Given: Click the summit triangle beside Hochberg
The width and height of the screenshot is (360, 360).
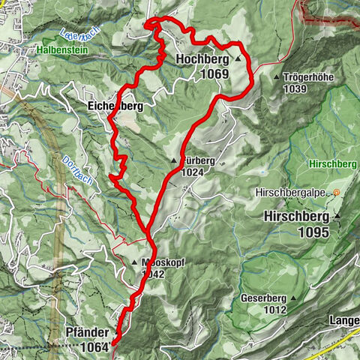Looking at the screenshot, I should click(238, 58).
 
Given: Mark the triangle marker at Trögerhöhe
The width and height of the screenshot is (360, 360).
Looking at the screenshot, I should click(277, 77).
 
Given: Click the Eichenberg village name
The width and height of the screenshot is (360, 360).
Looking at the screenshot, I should click(113, 106).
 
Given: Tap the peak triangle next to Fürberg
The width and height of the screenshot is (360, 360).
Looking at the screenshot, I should click(173, 160).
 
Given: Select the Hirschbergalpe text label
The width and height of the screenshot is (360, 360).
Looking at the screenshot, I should click(295, 193).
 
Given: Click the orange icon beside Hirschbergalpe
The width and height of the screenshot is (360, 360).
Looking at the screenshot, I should click(337, 193).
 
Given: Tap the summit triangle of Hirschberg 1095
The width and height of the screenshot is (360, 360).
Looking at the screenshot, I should click(337, 217).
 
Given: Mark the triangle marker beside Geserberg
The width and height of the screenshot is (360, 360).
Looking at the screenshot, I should click(295, 298).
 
